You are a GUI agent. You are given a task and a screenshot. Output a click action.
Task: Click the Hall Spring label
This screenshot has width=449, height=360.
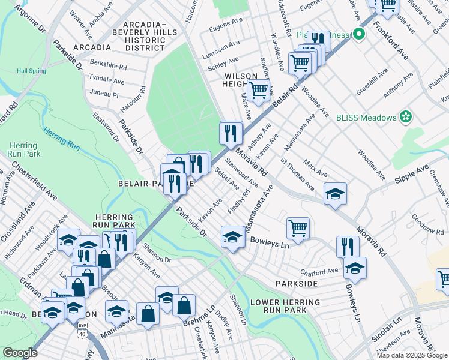tap(31, 71)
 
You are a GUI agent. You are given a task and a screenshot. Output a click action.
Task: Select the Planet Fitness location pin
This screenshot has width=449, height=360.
tap(360, 34)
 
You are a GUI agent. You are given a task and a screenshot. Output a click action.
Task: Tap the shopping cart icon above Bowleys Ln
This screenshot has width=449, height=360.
tap(298, 228)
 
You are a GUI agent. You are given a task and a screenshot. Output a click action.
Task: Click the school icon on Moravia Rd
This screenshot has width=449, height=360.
tap(335, 193)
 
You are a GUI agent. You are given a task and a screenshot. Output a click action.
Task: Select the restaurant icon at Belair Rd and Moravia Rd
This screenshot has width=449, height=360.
tap(231, 133)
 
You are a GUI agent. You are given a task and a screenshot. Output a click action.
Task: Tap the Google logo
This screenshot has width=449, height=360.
tap(20, 352)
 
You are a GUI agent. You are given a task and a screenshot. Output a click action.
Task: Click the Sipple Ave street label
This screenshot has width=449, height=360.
tap(411, 172)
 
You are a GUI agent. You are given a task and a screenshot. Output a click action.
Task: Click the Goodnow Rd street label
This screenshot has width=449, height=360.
tap(427, 226)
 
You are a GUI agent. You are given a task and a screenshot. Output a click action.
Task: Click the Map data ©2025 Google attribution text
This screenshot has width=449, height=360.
tap(411, 355)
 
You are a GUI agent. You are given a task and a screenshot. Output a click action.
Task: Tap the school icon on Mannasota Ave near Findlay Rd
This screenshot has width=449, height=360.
tap(232, 236)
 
